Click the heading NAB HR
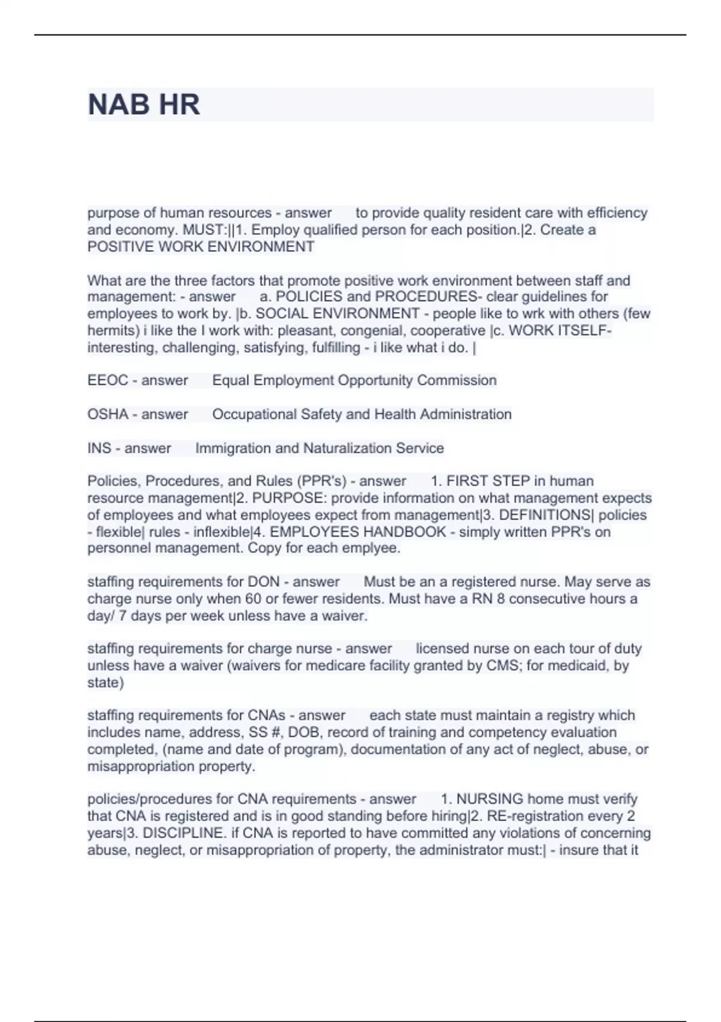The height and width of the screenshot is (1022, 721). click(144, 105)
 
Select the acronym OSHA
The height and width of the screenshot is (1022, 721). click(108, 414)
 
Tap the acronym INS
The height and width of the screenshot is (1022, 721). click(99, 448)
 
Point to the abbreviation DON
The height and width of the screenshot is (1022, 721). click(264, 582)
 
